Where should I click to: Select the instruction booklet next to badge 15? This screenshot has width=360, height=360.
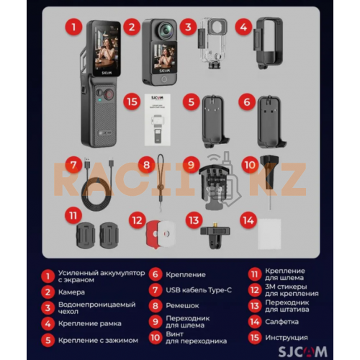click(158, 120)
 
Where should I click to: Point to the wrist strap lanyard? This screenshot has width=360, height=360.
click(161, 182)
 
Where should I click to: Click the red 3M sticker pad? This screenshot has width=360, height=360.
click(153, 234)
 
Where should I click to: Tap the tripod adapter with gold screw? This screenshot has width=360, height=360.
click(215, 235)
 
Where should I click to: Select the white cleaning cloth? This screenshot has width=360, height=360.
click(269, 234)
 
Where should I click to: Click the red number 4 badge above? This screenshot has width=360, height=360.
click(244, 27)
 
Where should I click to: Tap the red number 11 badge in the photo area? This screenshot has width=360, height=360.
click(73, 215)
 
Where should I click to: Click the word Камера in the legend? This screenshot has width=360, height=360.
click(71, 292)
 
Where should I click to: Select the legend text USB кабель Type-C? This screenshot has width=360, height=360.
click(199, 290)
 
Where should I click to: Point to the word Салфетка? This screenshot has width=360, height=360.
click(282, 322)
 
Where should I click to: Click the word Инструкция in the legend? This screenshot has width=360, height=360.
click(287, 338)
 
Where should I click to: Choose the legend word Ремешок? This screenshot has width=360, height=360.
click(182, 306)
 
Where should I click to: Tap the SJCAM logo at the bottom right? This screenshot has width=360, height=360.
click(303, 351)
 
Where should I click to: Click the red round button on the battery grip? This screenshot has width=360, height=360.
click(109, 94)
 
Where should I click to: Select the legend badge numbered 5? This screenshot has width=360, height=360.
click(48, 341)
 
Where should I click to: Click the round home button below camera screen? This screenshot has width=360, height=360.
click(164, 79)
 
